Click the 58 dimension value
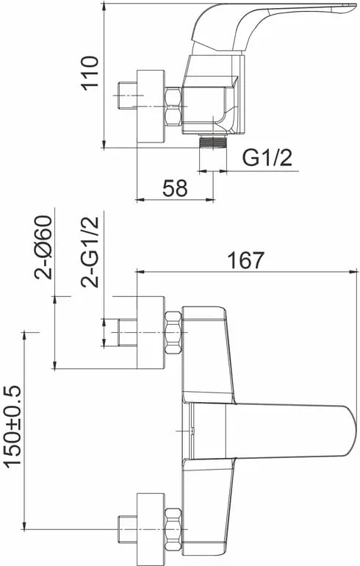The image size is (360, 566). click(x=175, y=188)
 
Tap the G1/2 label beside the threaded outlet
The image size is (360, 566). click(x=267, y=158)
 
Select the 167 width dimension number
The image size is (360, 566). click(x=246, y=260)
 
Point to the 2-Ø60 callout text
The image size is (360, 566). click(x=43, y=247)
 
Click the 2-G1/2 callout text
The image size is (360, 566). click(x=90, y=252)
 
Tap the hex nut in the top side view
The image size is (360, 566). click(x=173, y=107)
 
